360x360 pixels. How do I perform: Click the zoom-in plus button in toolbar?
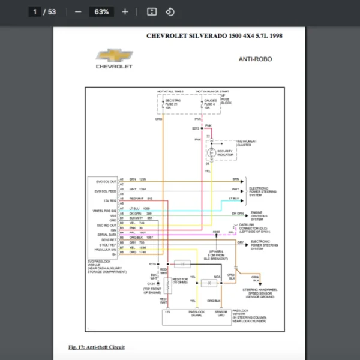click(x=125, y=11)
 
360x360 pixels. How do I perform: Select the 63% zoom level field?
click(x=101, y=11)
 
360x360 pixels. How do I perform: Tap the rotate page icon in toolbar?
click(x=170, y=11)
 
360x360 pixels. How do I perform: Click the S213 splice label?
click(x=196, y=128)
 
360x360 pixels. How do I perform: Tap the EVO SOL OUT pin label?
click(x=105, y=179)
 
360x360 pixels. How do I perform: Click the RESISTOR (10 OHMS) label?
click(x=180, y=281)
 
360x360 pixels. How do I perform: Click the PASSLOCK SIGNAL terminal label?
click(x=197, y=313)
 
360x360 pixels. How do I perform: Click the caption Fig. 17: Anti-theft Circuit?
click(x=97, y=347)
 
